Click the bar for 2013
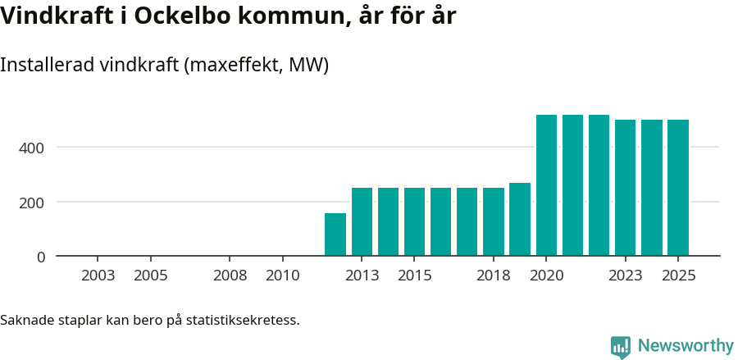[362, 221]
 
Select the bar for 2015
[414, 221]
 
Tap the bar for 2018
[494, 221]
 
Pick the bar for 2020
[546, 185]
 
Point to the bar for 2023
[625, 188]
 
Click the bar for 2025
[678, 188]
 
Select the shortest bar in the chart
[335, 235]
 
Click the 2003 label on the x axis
[98, 276]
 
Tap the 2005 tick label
[151, 276]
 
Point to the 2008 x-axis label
[230, 276]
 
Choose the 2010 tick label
[283, 276]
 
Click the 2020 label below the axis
[546, 276]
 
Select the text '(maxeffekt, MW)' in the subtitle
[257, 65]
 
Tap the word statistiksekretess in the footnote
[243, 319]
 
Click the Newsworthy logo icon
[621, 346]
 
